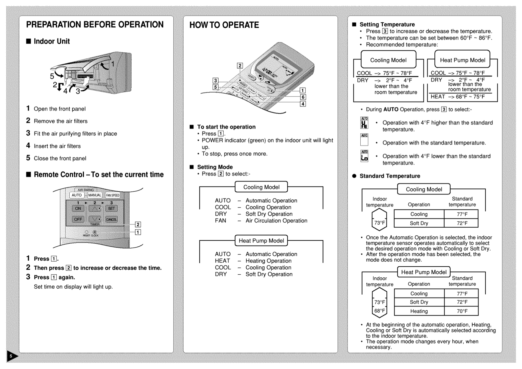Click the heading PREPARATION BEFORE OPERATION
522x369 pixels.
coord(95,25)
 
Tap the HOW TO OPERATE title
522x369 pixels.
coord(224,25)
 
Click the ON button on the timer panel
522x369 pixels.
coord(78,208)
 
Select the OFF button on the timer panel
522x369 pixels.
coord(78,219)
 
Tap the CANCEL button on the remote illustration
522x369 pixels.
coord(111,220)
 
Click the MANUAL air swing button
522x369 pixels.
coord(95,195)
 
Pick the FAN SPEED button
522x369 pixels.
coord(113,195)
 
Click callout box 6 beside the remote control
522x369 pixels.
coord(303,97)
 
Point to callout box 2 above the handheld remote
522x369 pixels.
coord(240,66)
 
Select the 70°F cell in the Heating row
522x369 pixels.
coord(462,311)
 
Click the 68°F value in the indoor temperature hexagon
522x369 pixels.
coord(379,311)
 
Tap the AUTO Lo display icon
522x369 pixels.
coord(364,156)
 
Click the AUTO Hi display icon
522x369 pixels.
coord(364,123)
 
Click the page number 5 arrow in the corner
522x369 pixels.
coord(12,356)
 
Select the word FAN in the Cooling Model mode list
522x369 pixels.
coord(220,221)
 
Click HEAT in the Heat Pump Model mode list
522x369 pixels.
coord(222,261)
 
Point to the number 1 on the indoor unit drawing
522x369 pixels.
coord(113,64)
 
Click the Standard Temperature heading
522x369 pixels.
coord(389,176)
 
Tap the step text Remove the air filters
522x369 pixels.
coord(60,121)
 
